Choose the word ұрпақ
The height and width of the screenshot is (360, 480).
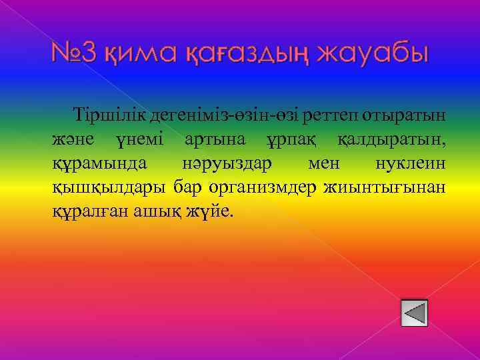click(288, 139)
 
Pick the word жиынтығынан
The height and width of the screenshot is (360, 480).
click(385, 187)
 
